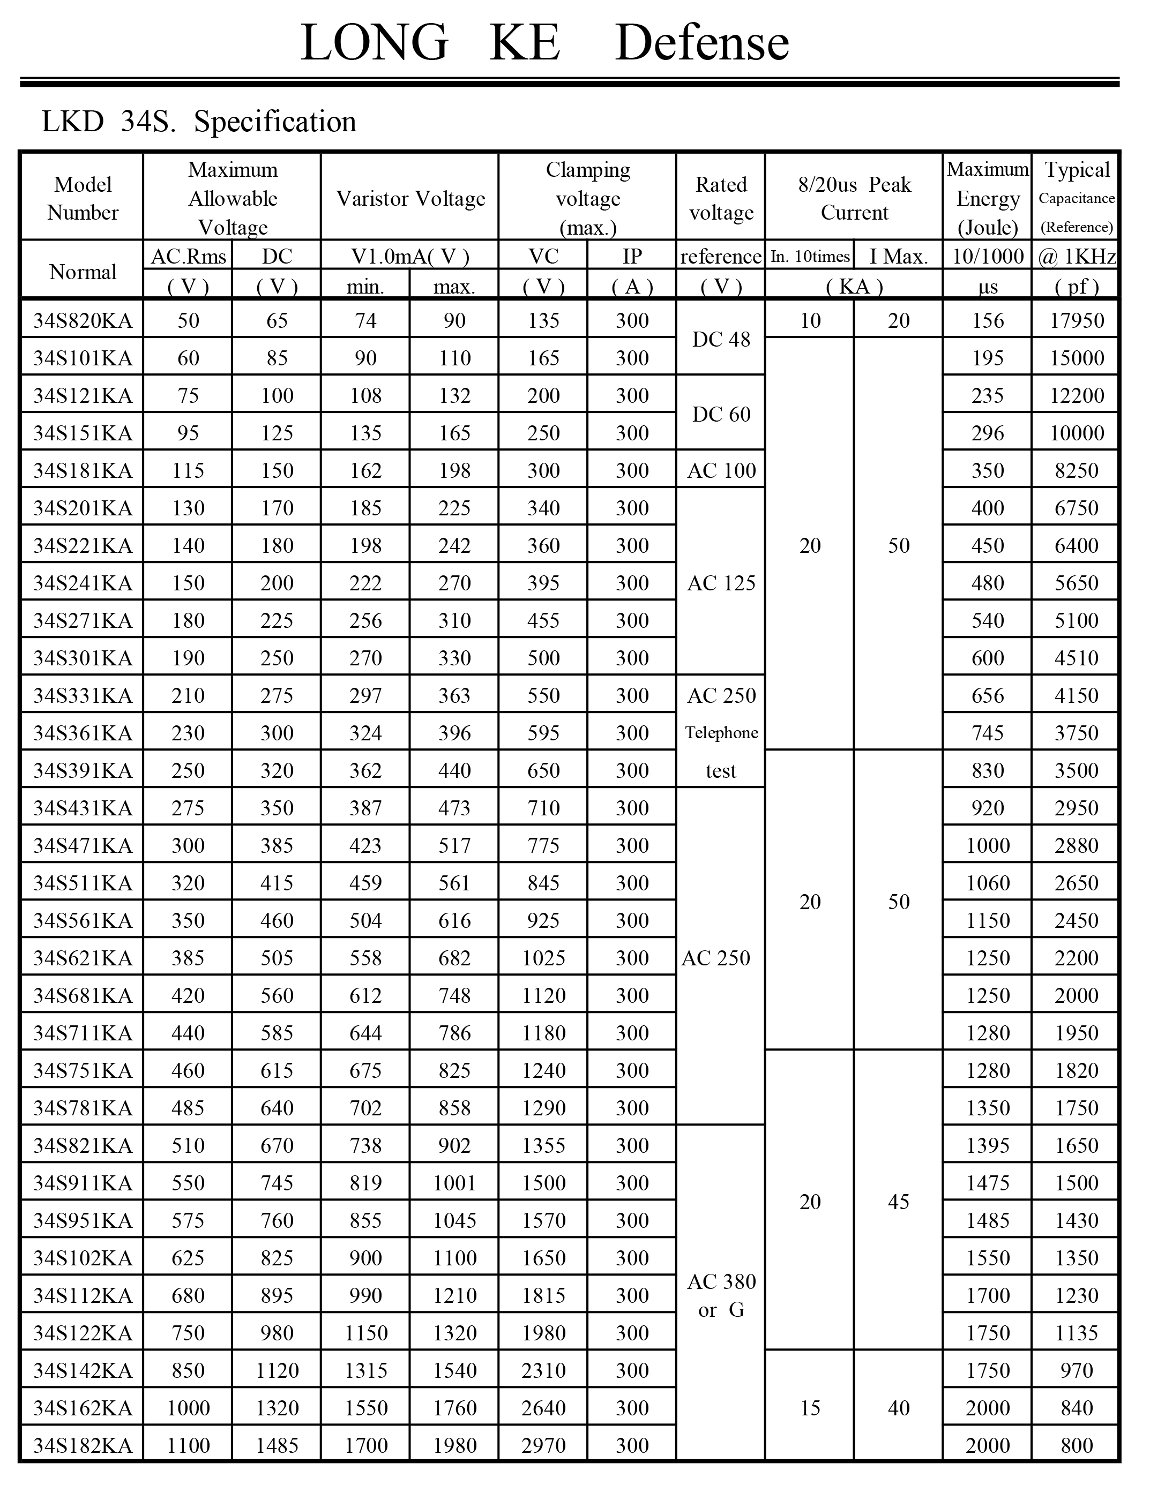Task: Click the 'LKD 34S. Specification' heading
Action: pyautogui.click(x=198, y=122)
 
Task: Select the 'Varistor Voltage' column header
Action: pyautogui.click(x=410, y=198)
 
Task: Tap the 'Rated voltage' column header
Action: pyautogui.click(x=721, y=198)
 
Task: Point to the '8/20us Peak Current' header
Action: pyautogui.click(x=854, y=198)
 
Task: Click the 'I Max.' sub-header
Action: pyautogui.click(x=898, y=257)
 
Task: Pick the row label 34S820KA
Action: pyautogui.click(x=83, y=320)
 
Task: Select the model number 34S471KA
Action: pyautogui.click(x=83, y=845)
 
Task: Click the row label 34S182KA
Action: pyautogui.click(x=83, y=1445)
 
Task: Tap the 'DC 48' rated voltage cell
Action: pyautogui.click(x=721, y=340)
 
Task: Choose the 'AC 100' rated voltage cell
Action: pyautogui.click(x=721, y=470)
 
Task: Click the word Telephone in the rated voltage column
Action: pyautogui.click(x=721, y=733)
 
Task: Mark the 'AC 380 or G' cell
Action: pyautogui.click(x=721, y=1295)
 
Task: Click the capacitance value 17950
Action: pyautogui.click(x=1077, y=320)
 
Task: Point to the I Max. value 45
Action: pyautogui.click(x=898, y=1202)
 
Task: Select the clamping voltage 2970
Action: pyautogui.click(x=543, y=1445)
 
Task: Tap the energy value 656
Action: pyautogui.click(x=988, y=695)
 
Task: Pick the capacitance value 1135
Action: pyautogui.click(x=1077, y=1332)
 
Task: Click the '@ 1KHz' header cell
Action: pyautogui.click(x=1077, y=257)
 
